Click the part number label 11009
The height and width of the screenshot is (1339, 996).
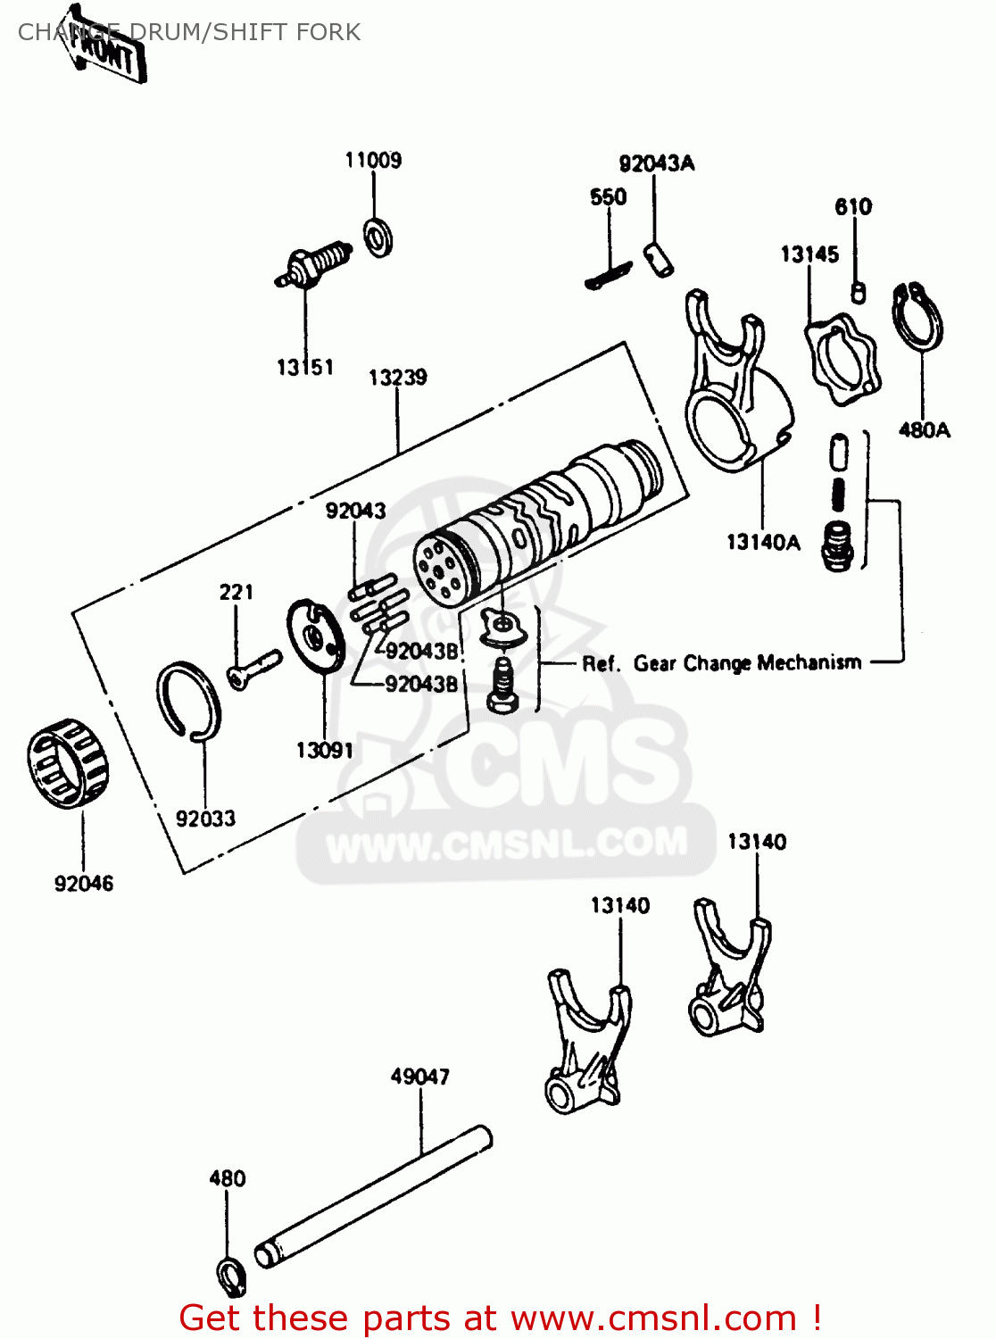pos(373,161)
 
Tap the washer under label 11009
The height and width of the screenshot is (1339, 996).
pos(379,237)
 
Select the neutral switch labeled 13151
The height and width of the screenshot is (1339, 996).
pos(312,265)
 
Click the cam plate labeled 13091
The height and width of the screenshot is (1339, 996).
pos(316,635)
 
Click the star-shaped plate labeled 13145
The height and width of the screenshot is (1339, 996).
pos(842,361)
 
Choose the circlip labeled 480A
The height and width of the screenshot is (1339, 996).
pos(917,317)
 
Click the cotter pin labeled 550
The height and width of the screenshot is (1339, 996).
pos(608,275)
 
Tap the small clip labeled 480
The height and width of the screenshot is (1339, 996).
pos(231,1276)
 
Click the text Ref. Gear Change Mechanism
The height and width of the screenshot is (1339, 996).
pos(721,663)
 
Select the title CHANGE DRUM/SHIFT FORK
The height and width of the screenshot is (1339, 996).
pos(189,32)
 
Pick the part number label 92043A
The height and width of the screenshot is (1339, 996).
pos(656,163)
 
